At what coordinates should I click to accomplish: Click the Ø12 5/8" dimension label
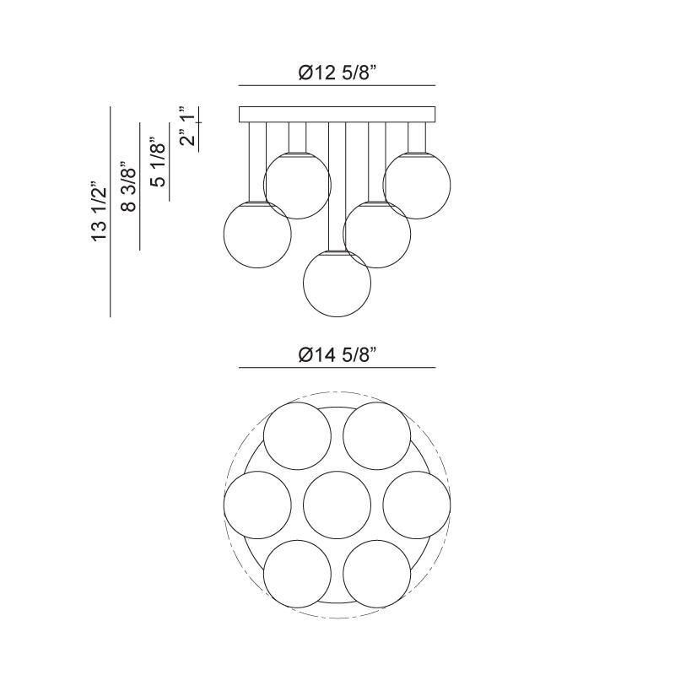click(337, 73)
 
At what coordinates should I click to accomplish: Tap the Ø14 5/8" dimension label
click(337, 355)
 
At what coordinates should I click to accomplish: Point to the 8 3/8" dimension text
click(128, 188)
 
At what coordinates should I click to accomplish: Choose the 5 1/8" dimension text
click(158, 161)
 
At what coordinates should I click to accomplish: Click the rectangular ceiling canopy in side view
click(337, 115)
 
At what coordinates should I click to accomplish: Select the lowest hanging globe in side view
click(337, 283)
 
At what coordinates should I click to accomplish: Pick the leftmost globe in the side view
click(257, 235)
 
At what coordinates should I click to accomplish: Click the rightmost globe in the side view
click(417, 186)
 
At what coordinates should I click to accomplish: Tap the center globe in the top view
click(337, 505)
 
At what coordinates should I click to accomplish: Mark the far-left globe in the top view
click(257, 505)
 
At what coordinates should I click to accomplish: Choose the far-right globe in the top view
click(417, 505)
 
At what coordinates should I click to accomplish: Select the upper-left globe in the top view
click(297, 435)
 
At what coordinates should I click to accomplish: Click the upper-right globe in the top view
click(377, 435)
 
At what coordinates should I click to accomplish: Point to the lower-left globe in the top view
click(297, 574)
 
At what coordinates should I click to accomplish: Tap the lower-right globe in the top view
click(377, 574)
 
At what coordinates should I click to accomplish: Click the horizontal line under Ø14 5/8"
click(337, 368)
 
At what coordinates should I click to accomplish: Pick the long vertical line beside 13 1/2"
click(111, 211)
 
